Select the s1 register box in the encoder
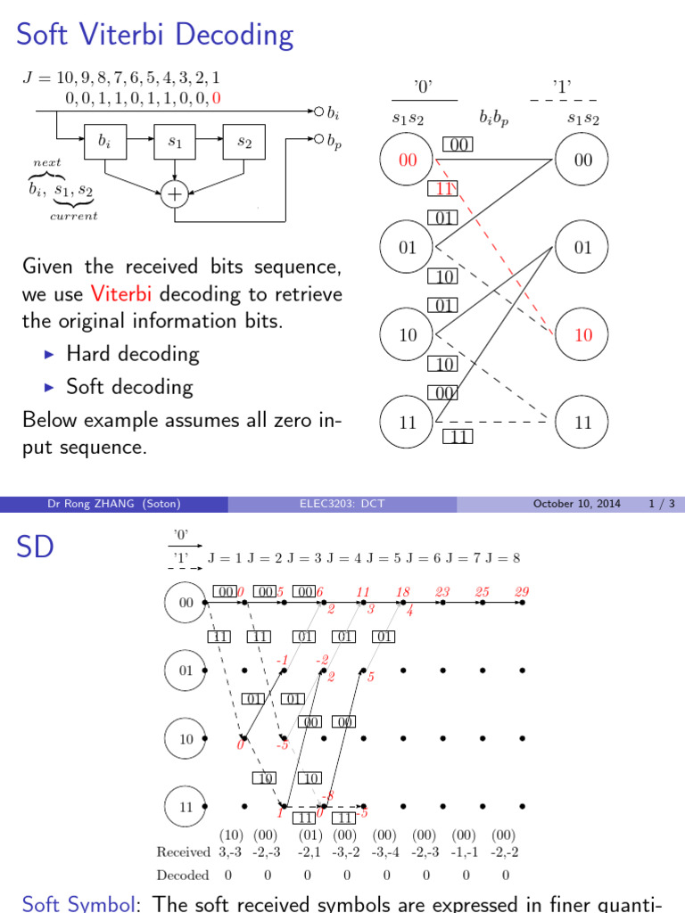175,142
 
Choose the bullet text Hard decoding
132,354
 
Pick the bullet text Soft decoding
129,387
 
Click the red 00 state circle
407,160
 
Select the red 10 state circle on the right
582,336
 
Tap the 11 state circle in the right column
582,423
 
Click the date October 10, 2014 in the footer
576,505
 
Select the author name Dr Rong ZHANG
113,505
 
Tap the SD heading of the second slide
36,547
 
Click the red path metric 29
523,591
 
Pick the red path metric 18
402,591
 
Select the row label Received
183,851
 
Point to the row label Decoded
183,876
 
